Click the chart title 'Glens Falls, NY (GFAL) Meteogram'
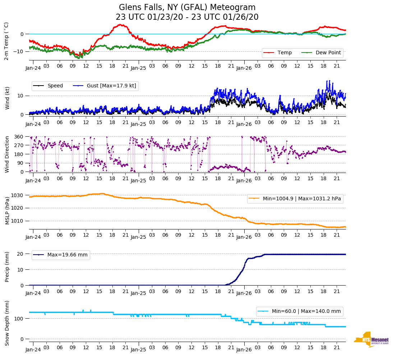point(187,8)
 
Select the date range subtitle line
point(187,17)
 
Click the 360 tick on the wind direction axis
point(19,137)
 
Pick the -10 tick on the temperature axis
point(18,51)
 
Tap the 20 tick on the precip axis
point(21,254)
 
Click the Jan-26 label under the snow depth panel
point(244,349)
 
